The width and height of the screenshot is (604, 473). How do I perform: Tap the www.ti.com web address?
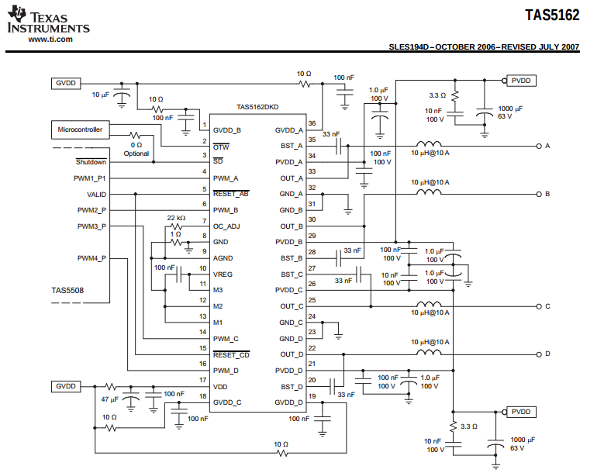(x=50, y=38)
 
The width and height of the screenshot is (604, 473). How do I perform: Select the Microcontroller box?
(x=81, y=129)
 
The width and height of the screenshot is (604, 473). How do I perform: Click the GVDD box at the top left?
(x=66, y=83)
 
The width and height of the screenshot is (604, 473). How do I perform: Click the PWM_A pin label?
(x=226, y=178)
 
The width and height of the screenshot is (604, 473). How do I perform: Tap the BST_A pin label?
(x=292, y=146)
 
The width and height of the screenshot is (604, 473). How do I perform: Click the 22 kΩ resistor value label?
(x=176, y=218)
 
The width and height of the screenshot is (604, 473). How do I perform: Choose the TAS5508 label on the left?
(x=67, y=292)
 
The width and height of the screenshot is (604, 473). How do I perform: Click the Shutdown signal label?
(x=91, y=162)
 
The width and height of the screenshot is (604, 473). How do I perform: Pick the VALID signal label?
(x=97, y=195)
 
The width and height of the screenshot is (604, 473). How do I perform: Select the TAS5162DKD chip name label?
(x=257, y=108)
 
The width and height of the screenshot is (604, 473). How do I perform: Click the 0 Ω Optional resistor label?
(x=136, y=149)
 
